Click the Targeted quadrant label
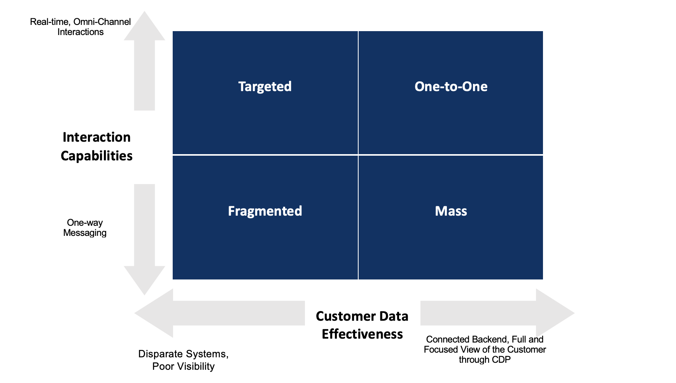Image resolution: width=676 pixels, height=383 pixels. point(265,86)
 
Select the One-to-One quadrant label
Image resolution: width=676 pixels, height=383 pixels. point(451,86)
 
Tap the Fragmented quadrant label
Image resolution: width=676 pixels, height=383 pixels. point(265,211)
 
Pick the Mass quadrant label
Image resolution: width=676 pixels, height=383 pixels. point(451,211)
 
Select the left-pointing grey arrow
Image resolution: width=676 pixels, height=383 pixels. point(218,313)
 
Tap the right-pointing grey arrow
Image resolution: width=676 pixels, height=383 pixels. point(498,313)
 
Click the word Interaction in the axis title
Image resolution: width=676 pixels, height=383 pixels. point(96,137)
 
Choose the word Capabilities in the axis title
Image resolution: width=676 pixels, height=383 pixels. point(96,156)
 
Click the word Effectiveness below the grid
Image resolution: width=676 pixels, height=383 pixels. point(362,334)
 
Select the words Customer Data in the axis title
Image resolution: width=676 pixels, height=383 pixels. point(362,316)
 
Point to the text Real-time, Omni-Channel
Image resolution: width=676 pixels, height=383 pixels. point(80,22)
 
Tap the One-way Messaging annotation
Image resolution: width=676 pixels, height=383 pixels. point(85,228)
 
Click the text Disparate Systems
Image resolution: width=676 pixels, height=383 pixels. point(183,354)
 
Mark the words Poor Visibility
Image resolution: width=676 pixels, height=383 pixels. point(183,366)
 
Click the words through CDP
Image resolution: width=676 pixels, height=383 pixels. point(485,360)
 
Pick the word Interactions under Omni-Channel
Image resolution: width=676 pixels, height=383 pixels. point(81,32)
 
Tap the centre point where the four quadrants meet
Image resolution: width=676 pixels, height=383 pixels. point(358,155)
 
